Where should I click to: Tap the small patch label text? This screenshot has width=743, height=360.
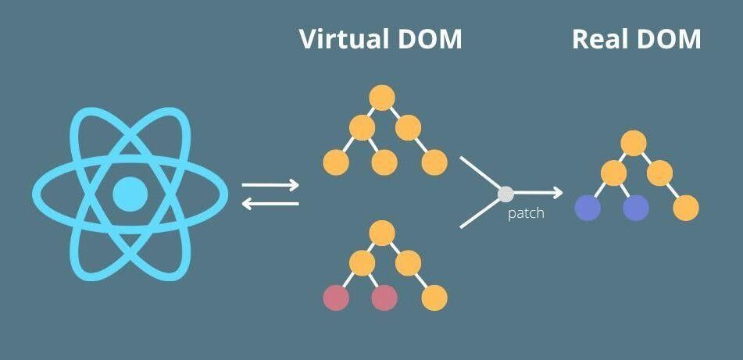(526, 213)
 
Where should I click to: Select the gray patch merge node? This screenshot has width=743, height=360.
(505, 192)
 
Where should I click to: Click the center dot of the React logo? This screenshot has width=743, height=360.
(130, 194)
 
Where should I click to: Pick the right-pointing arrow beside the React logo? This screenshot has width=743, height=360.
(270, 186)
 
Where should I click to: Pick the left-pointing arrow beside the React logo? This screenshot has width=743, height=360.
(270, 204)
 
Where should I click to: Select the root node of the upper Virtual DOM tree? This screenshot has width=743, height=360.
(381, 98)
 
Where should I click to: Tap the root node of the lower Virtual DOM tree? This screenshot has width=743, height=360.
(381, 232)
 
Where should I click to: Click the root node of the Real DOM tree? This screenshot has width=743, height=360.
(634, 143)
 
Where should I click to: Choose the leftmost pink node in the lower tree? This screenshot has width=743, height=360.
(336, 298)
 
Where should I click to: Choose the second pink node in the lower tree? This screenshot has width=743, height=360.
(384, 298)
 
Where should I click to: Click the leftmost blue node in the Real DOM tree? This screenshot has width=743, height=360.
(588, 208)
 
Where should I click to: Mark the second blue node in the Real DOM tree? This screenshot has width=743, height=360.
(636, 208)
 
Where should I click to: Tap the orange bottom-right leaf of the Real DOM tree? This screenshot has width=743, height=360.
(685, 208)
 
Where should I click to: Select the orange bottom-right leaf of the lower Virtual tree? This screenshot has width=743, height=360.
(434, 298)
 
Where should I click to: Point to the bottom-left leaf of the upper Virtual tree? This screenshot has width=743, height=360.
(336, 162)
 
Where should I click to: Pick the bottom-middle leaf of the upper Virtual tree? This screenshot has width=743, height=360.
(384, 162)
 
